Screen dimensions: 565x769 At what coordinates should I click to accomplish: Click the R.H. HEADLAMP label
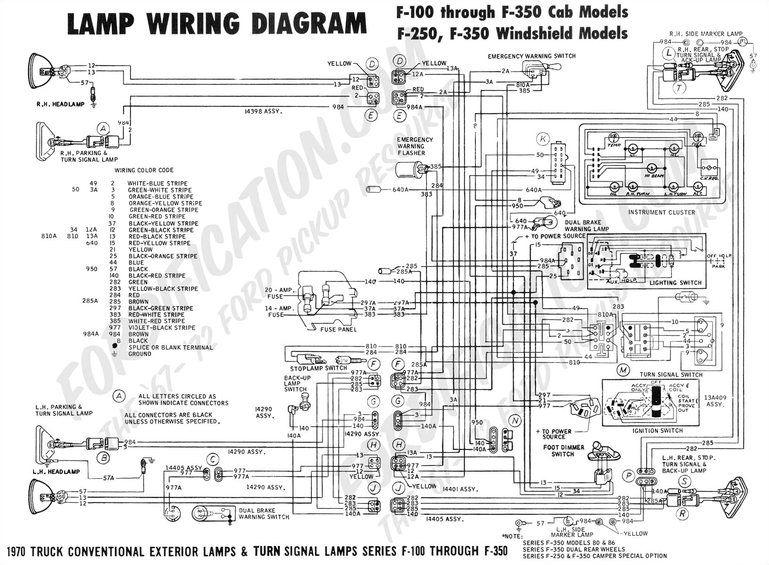point(60,105)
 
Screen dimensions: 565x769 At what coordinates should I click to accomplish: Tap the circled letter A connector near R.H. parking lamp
point(103,129)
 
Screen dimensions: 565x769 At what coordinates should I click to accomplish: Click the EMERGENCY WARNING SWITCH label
point(532,56)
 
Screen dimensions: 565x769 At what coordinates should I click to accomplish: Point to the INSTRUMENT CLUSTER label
point(661,212)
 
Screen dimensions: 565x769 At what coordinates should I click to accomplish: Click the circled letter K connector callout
point(543,139)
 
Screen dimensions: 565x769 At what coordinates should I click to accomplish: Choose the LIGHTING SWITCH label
point(675,283)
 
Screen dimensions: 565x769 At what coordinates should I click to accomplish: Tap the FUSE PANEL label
point(338,330)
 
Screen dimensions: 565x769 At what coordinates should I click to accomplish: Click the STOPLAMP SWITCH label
point(319,368)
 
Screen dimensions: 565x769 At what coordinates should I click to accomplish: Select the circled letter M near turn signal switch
point(623,370)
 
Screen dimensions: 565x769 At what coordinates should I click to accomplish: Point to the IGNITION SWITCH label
point(658,430)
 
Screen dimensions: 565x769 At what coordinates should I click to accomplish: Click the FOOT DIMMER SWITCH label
point(563,451)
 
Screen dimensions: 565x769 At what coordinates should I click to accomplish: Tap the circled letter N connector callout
point(515,421)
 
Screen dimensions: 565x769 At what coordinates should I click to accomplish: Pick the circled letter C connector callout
point(213,460)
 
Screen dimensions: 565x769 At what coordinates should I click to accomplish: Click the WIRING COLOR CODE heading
point(144,170)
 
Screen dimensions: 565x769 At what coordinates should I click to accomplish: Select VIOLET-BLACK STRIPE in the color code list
point(162,328)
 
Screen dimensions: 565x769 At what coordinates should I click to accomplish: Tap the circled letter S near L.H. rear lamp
point(684,482)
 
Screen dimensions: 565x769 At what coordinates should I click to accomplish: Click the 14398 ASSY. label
point(263,112)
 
